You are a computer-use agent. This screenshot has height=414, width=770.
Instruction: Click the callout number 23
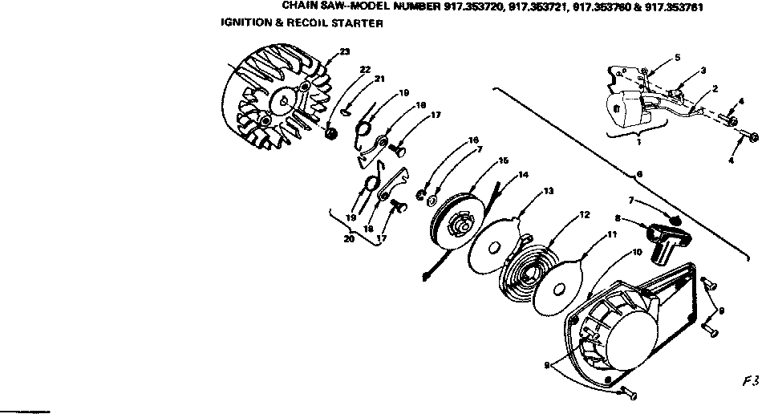tap(345, 52)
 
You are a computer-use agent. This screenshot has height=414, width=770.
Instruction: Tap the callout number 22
tap(365, 70)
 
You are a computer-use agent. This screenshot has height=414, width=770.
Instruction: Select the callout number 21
tap(379, 78)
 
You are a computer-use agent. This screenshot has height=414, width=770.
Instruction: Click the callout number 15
tap(504, 161)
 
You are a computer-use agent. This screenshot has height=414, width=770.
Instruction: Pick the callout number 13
tap(549, 192)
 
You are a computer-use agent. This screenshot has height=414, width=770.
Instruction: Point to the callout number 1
tap(638, 141)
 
